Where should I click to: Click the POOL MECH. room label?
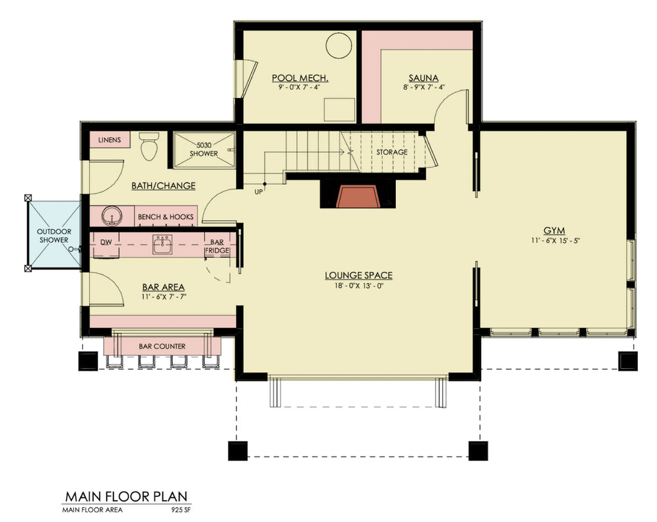tap(300, 78)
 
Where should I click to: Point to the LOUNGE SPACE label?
tap(359, 276)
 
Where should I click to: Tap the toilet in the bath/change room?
tap(149, 147)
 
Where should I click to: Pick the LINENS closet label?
tap(109, 140)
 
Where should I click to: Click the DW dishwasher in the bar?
tap(107, 242)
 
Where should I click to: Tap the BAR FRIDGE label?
tap(214, 248)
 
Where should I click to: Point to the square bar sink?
tap(162, 244)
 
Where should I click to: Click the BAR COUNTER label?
tap(162, 346)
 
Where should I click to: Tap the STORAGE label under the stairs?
tap(391, 152)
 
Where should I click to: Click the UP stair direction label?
tap(259, 191)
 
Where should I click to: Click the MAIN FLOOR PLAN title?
tap(126, 496)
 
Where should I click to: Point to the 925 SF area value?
tap(181, 510)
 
